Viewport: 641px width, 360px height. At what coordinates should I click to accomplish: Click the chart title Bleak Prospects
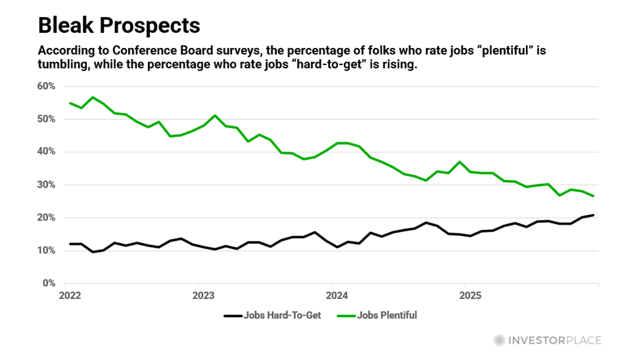coord(118,25)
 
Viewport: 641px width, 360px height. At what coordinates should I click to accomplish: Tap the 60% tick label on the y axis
coord(46,86)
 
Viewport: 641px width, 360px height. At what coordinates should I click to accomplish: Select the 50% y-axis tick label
coord(46,119)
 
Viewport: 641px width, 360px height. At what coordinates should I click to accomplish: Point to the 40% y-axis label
coord(46,152)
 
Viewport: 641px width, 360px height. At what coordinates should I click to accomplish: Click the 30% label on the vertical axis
coord(46,185)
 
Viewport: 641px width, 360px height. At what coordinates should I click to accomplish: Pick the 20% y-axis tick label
coord(46,218)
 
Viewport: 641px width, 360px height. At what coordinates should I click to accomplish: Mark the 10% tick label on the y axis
coord(46,250)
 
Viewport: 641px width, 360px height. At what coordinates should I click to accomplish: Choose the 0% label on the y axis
coord(49,283)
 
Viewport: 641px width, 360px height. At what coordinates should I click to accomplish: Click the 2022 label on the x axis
coord(70,296)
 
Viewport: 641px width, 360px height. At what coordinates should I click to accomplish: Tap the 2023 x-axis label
coord(203,296)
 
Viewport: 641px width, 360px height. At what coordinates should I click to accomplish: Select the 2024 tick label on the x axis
coord(337,296)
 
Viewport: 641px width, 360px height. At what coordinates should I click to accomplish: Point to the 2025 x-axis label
coord(470,296)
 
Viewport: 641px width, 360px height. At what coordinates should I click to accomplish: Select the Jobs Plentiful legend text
coord(388,316)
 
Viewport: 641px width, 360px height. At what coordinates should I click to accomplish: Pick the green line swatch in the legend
coord(347,316)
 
